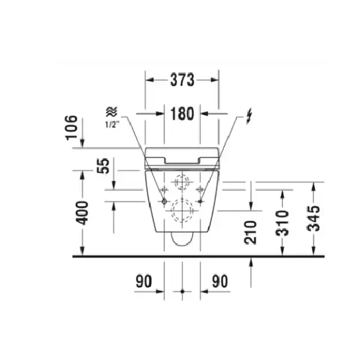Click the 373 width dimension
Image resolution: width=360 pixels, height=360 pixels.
(182, 80)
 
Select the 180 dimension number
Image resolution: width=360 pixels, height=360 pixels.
(182, 114)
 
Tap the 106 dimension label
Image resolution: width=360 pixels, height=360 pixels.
(71, 128)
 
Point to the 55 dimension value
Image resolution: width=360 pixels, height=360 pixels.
(103, 166)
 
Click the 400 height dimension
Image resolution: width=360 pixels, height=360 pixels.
(82, 213)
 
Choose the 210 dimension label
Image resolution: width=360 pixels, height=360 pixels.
(250, 232)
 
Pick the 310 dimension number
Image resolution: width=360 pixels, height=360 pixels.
(282, 223)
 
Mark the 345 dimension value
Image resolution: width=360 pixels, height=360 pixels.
(314, 218)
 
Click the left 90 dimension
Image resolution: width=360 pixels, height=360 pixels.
(144, 281)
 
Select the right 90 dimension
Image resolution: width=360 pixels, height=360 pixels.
(220, 281)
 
